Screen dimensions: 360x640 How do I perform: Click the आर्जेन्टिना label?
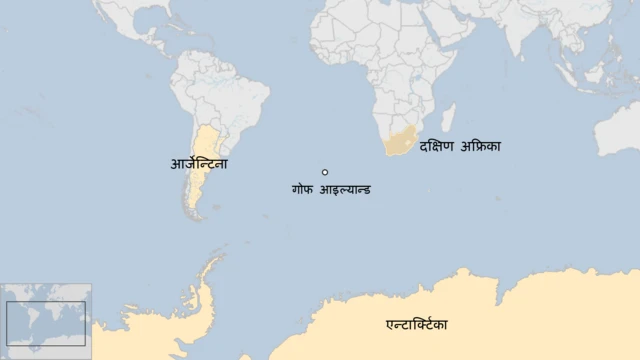coord(199,163)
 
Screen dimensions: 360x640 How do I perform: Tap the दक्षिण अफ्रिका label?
coord(460,146)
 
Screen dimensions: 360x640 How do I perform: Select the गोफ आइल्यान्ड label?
coord(330,189)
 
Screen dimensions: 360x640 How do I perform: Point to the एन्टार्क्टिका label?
coord(417,325)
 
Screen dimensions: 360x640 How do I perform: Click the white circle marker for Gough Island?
coord(325,172)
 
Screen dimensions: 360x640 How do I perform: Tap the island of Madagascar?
coord(448,117)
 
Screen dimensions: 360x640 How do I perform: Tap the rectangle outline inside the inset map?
coord(46,324)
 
